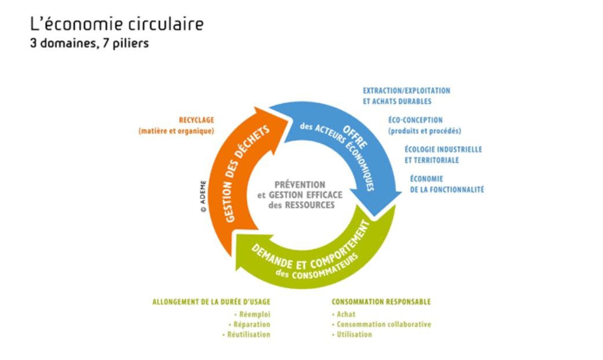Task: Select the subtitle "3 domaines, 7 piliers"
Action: (89, 43)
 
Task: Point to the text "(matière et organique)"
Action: (176, 131)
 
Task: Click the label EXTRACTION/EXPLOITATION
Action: (406, 91)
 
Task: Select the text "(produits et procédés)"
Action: (425, 131)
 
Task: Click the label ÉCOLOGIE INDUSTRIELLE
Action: (443, 150)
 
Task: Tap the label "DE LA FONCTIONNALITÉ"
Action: (447, 190)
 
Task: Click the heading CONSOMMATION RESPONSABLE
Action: (381, 302)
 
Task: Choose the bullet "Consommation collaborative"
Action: (383, 325)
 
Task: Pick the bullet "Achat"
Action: (346, 314)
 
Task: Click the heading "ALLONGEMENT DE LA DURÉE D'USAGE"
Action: (211, 302)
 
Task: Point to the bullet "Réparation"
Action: (251, 325)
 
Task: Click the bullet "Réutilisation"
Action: (247, 335)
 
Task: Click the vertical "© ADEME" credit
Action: (203, 198)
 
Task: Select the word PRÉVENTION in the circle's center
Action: (300, 184)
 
